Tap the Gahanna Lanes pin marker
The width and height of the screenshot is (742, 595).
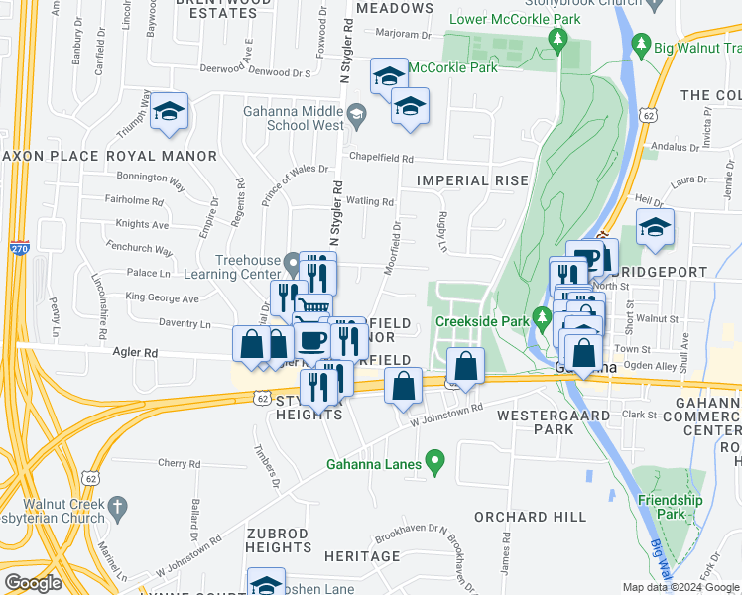(x=433, y=462)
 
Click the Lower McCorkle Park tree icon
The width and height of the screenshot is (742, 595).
(x=558, y=41)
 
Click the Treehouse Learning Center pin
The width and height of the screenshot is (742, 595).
(x=292, y=265)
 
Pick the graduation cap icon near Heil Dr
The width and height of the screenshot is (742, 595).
(x=655, y=227)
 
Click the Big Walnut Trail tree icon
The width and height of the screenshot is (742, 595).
(x=641, y=45)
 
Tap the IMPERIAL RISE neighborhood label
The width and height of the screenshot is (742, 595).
(x=466, y=180)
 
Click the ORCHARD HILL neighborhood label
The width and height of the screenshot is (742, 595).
(x=524, y=517)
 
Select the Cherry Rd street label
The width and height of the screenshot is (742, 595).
(x=179, y=463)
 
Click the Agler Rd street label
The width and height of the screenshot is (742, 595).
(x=135, y=352)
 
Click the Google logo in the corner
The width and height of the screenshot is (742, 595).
(x=33, y=583)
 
